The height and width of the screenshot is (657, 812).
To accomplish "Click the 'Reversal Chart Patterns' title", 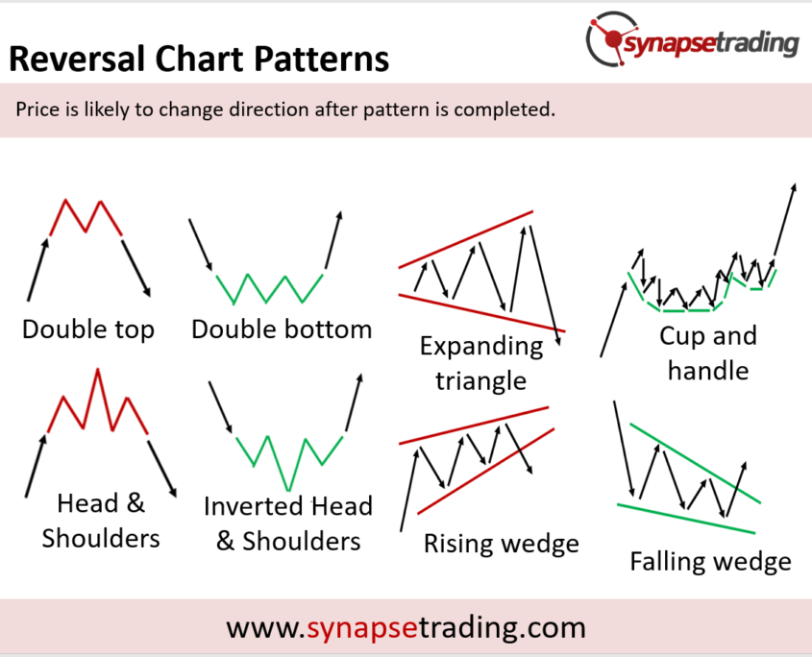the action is coord(199,59).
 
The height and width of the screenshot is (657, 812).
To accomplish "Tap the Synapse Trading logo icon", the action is coord(611,37).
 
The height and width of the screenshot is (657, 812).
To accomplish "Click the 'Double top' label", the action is coord(88,329).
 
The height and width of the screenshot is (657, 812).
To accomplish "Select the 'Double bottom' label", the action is coord(282,329).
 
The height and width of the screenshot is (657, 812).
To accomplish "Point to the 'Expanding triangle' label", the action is coord(481,363).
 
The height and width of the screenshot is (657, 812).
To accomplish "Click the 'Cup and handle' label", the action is coord(708,353).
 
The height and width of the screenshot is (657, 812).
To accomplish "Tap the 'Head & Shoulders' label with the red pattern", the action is coord(101,521).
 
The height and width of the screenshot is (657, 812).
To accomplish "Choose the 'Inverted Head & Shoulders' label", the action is coord(288,523).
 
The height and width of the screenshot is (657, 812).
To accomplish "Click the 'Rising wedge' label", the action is coord(502,544).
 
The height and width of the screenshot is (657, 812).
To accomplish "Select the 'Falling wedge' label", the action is coord(710,562).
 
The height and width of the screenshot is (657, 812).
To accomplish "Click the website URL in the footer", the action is coord(406,627).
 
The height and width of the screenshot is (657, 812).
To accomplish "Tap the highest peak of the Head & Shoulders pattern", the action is coord(97,369).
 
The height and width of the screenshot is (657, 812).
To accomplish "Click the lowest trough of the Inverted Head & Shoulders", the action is coord(288,489).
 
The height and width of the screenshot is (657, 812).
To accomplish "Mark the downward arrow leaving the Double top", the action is coord(136,268).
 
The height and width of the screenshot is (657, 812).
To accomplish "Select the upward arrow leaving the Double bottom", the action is coord(333,240).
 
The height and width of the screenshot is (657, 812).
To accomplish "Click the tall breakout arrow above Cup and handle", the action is coord(784,220).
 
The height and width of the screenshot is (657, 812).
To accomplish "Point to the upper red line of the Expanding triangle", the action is coord(465,239).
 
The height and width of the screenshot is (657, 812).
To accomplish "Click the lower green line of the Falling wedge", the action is coord(686,519).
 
